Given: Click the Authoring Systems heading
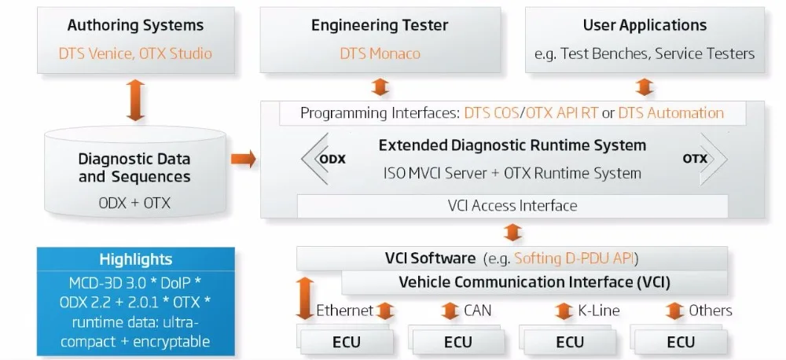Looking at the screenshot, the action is [x=135, y=25].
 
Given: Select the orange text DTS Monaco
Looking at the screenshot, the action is [x=380, y=53].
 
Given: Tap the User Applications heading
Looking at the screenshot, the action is [x=645, y=25].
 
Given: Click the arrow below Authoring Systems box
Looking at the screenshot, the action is [x=135, y=100].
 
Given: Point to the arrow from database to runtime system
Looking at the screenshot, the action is [x=244, y=159].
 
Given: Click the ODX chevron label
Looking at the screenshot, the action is [x=332, y=159].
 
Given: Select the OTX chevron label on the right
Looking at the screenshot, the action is [x=695, y=159].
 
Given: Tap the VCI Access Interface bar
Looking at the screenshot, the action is [x=512, y=206].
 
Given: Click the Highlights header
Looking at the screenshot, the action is [x=135, y=259].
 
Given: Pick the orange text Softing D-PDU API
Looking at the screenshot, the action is [x=575, y=259].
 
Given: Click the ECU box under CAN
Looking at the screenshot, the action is [x=458, y=342].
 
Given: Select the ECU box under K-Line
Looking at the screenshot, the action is [x=570, y=342].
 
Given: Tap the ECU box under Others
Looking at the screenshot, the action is [x=681, y=342].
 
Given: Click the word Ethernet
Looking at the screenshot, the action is [x=345, y=310].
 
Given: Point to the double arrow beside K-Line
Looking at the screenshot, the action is [x=564, y=310].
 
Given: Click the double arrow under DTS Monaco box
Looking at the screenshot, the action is [x=380, y=86].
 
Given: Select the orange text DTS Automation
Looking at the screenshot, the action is [x=670, y=113].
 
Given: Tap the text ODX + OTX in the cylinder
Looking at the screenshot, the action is [x=134, y=203].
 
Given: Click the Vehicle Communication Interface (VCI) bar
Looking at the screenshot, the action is [x=534, y=281].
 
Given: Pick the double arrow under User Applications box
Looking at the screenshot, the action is [x=645, y=86].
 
